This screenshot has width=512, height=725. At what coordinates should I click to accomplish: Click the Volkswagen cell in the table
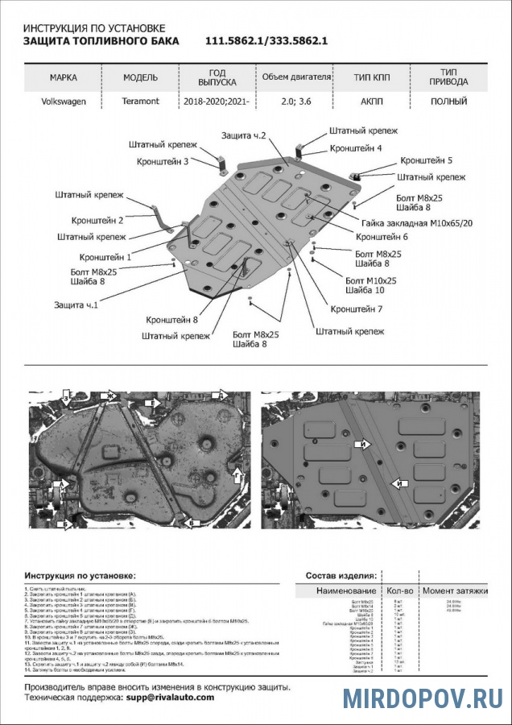63,102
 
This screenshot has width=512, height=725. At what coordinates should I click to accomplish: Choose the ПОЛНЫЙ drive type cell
448,102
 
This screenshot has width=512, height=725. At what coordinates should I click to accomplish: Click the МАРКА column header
64,78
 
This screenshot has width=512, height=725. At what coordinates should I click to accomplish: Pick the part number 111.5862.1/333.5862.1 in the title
266,41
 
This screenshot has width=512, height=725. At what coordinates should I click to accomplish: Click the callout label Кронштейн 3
163,161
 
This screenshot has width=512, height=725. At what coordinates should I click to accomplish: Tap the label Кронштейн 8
172,319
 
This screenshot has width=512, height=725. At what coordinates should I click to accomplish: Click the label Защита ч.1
76,305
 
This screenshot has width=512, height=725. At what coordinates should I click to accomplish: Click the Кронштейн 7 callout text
356,309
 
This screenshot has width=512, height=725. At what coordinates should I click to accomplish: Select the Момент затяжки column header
456,591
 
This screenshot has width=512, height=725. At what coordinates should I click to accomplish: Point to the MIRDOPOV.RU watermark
433,698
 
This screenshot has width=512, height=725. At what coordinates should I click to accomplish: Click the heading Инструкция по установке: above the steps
81,576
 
